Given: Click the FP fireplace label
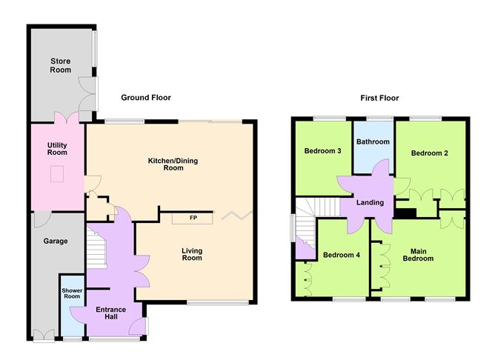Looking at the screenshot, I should [193, 218].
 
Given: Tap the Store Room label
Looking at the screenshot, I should [61, 65].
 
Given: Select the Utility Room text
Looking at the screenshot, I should [57, 148].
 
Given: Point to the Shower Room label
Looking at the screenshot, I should [72, 294].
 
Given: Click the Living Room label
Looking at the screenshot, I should [192, 254].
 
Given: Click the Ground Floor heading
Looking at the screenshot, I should [146, 98].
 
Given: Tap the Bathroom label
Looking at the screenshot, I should [372, 141].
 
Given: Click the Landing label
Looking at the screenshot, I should [370, 202].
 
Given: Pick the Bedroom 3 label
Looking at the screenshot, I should [322, 150].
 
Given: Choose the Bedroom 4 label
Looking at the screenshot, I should [342, 256].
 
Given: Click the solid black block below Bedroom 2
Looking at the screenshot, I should [405, 213].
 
